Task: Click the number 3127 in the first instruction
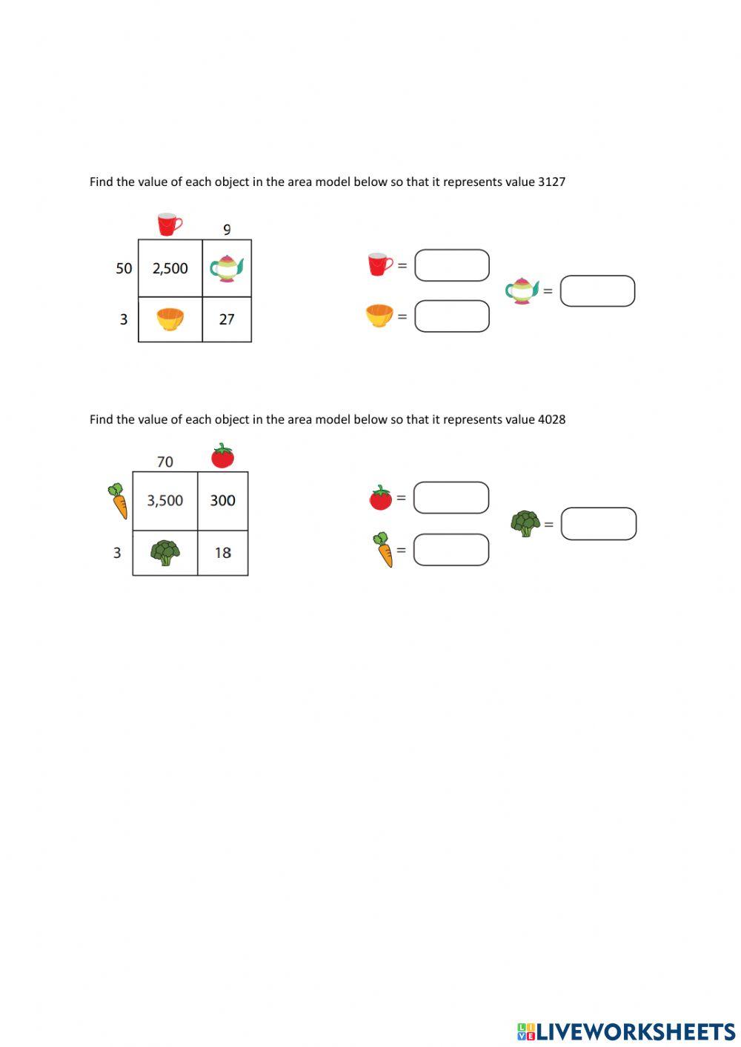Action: (x=551, y=182)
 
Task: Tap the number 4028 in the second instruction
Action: (x=551, y=419)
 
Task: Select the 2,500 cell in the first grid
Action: (x=170, y=268)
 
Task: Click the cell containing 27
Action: (x=227, y=319)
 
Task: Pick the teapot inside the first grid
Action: (x=227, y=268)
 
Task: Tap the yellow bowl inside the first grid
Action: (x=170, y=319)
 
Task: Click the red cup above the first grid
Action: (x=170, y=224)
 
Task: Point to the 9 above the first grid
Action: (x=227, y=230)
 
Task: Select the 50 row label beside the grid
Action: (x=124, y=268)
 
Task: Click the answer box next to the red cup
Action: (x=451, y=265)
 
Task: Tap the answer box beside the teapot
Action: (x=597, y=291)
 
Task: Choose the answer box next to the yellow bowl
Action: (x=451, y=316)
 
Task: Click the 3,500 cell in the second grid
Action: (x=165, y=500)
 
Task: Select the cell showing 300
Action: (x=222, y=500)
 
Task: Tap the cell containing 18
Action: (x=222, y=553)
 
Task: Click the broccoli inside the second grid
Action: (x=165, y=552)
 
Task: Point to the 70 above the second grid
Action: (x=165, y=462)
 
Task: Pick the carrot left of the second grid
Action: (x=118, y=501)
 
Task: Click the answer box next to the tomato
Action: (x=451, y=498)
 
